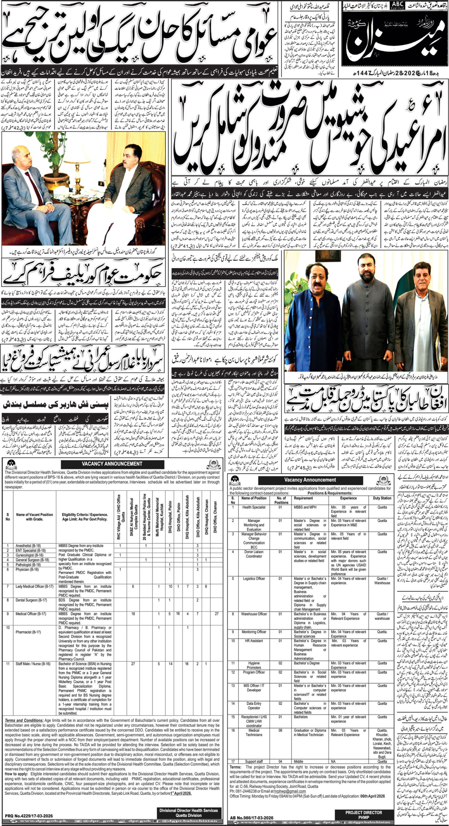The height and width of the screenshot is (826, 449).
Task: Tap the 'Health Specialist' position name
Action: coord(254,507)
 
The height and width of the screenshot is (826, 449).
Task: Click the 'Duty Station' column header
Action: coord(382,498)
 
